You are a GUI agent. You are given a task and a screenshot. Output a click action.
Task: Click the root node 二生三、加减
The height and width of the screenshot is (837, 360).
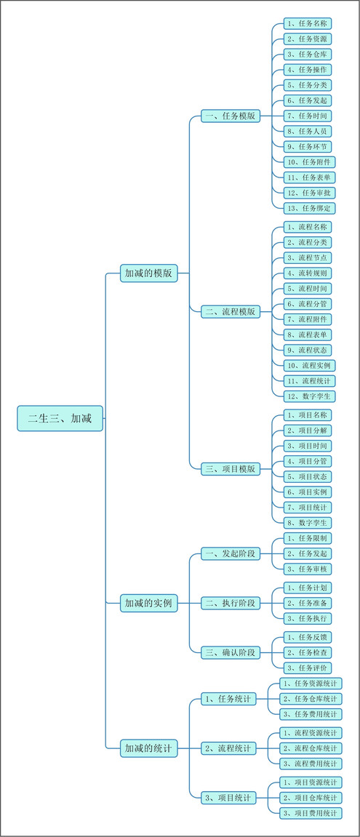(60, 419)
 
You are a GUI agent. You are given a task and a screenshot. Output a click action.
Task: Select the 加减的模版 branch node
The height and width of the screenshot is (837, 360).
(148, 273)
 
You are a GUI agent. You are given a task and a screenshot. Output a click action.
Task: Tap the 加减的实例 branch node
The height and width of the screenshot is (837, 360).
(148, 603)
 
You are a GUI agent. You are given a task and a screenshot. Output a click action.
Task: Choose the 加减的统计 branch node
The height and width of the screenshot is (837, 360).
(148, 748)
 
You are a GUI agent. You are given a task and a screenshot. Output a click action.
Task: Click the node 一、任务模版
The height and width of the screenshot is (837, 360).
(231, 116)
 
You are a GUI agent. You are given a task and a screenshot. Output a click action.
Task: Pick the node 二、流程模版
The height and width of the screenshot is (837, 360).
(231, 312)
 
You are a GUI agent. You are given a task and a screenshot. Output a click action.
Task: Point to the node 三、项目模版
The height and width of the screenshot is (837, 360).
(231, 469)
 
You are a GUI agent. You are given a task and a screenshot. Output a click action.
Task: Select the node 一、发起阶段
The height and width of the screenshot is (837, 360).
(231, 553)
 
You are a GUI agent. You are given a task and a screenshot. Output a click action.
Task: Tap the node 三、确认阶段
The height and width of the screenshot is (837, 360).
(231, 652)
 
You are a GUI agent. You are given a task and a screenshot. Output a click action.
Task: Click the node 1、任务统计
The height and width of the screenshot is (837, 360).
(228, 699)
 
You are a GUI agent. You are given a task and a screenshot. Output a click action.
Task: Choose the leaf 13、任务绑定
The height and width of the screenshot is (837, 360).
(310, 208)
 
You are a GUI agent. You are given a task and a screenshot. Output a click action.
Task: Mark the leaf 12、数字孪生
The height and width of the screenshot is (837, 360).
(310, 396)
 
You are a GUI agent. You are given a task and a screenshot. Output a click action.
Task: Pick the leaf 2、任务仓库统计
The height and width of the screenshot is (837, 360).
(311, 699)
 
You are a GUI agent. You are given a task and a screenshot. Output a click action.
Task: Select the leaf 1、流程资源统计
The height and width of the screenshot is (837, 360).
(311, 732)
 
